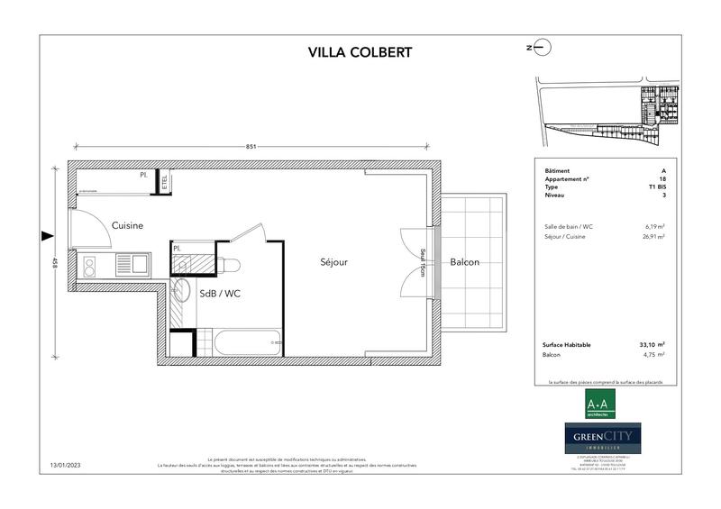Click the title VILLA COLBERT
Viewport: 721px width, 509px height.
click(360, 51)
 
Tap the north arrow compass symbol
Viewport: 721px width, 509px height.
click(537, 47)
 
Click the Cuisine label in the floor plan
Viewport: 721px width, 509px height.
click(127, 225)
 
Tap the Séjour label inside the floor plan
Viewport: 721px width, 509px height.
click(333, 262)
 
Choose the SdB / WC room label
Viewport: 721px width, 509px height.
click(219, 293)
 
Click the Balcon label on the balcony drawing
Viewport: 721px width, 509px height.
click(464, 262)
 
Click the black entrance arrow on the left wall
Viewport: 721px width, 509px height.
click(46, 237)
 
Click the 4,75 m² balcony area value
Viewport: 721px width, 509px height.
click(654, 355)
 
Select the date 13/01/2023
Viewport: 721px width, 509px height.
click(66, 467)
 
